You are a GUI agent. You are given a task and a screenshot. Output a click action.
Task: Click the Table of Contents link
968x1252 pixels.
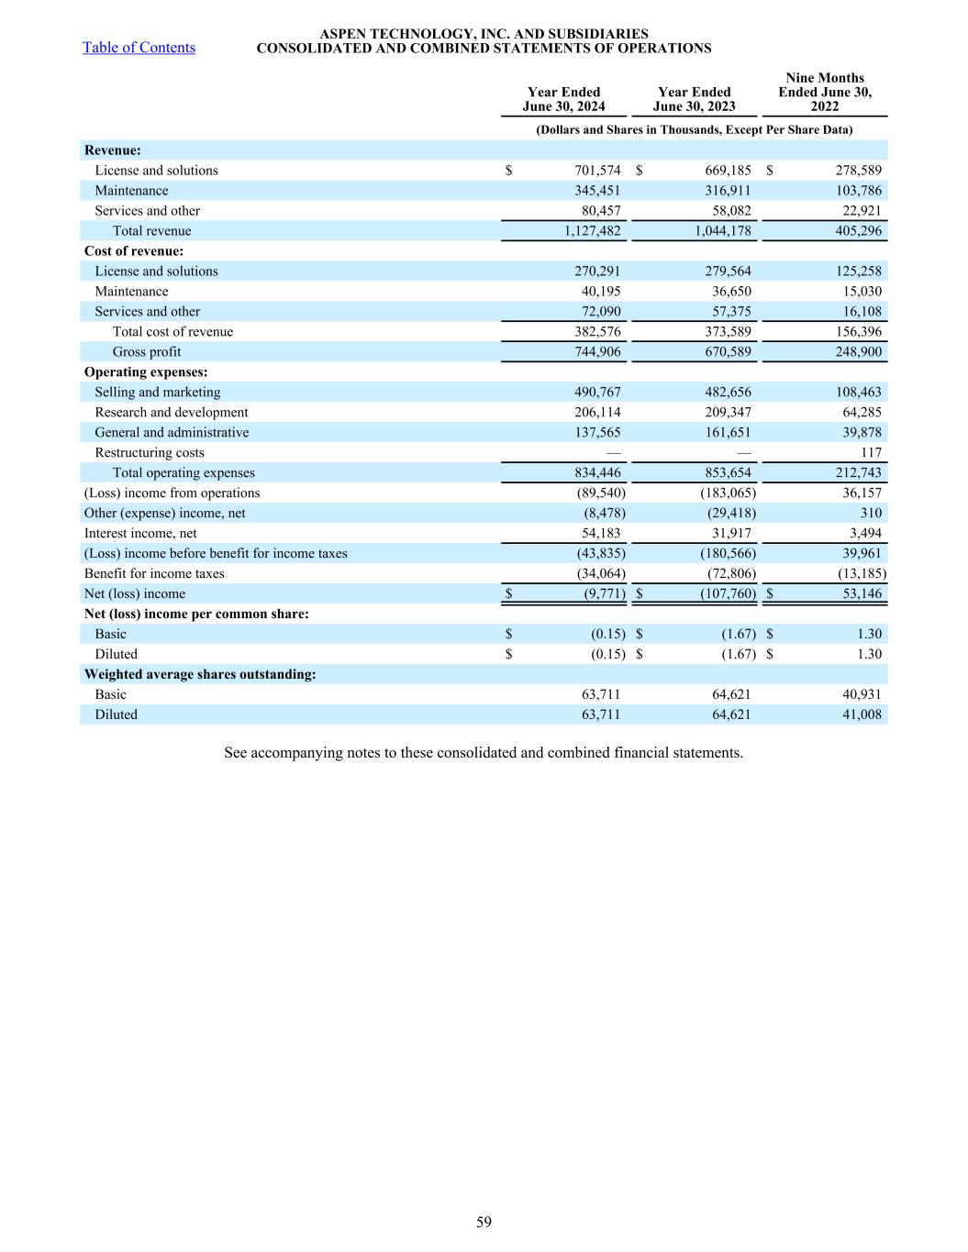[x=139, y=48]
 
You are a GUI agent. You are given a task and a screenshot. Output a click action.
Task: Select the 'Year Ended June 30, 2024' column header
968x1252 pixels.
[x=563, y=99]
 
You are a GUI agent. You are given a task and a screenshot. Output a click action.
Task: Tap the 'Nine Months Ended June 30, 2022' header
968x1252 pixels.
[x=825, y=92]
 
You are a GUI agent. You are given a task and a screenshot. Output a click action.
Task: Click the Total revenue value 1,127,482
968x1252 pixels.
[x=593, y=231]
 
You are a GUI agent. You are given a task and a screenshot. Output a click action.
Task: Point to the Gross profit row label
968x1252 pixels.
[x=147, y=352]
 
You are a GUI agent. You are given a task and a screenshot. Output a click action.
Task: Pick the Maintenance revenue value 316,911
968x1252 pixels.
[x=725, y=191]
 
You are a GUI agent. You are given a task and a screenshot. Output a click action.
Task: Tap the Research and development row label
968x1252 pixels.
[x=172, y=413]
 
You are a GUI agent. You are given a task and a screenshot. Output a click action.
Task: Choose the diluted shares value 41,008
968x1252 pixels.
[x=862, y=715]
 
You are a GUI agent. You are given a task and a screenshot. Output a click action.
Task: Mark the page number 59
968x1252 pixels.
[x=484, y=1222]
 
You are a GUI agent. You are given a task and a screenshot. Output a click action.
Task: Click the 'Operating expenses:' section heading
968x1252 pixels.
[x=146, y=372]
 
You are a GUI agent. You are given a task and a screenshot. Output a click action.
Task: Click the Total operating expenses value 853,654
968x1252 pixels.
[x=725, y=473]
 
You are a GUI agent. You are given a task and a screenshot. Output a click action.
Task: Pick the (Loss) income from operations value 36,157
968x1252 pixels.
[x=862, y=493]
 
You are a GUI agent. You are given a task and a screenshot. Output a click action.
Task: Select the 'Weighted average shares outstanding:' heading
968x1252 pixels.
[x=200, y=675]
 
